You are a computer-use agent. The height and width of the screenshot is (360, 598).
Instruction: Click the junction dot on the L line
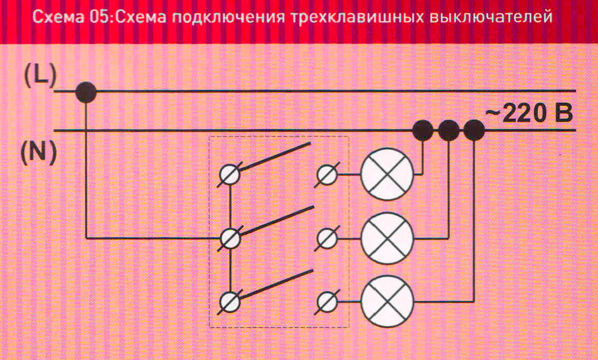[86, 92]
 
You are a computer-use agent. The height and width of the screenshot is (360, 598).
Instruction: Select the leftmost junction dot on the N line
[423, 131]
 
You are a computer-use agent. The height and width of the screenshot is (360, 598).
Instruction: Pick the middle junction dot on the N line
[448, 131]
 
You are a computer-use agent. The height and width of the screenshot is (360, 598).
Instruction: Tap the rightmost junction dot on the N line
[474, 131]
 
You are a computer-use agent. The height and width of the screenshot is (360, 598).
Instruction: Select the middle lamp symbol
[387, 239]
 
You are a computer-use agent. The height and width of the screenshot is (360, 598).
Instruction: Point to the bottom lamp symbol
[387, 302]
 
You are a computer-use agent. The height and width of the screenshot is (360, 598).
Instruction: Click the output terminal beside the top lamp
[326, 175]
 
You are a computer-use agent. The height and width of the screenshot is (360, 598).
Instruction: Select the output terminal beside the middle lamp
[326, 239]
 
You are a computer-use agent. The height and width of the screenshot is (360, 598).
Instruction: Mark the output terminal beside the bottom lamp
[326, 302]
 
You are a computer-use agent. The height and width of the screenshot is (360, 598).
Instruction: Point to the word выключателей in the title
[490, 18]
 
